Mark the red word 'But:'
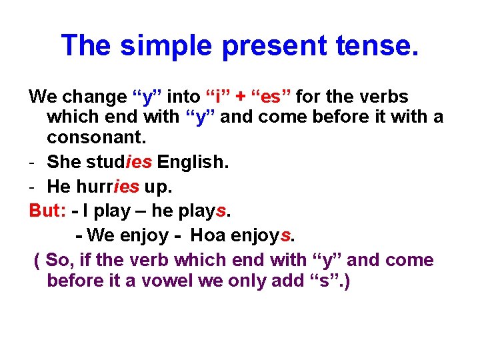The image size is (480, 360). (47, 211)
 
